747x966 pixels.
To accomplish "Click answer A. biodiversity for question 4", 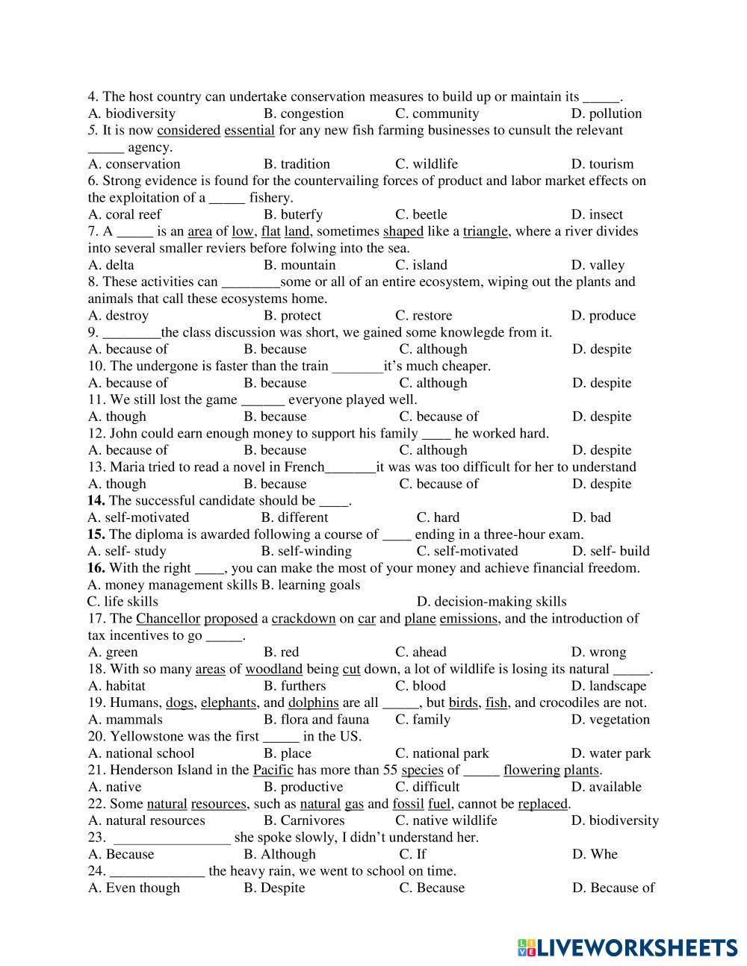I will click(131, 113).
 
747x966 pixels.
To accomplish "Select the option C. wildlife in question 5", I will click(426, 164).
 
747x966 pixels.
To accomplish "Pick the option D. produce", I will click(603, 316).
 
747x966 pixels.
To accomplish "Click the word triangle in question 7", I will click(486, 231).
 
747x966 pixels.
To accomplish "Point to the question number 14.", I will click(96, 501).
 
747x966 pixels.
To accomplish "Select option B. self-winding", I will click(306, 551).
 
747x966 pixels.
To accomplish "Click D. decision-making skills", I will click(491, 602).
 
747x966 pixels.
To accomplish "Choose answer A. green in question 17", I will click(113, 652).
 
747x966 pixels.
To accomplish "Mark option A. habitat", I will click(117, 686).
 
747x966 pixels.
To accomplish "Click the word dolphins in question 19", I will click(313, 702).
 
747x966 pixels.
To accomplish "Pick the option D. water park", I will click(610, 753).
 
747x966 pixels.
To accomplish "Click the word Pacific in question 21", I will click(273, 770).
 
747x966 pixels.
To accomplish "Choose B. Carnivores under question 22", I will click(304, 820).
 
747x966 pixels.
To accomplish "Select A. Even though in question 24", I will click(134, 888).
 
